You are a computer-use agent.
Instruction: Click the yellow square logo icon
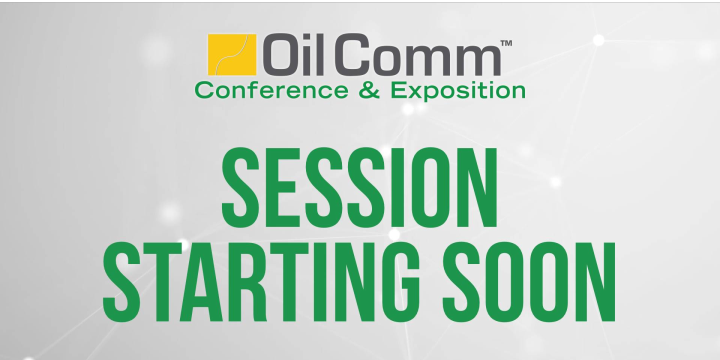(x=232, y=54)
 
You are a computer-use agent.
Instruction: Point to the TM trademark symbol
(x=506, y=43)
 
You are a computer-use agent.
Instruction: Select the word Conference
(x=271, y=90)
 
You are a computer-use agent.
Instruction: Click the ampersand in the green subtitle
(x=369, y=90)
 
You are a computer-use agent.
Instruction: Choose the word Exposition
(x=458, y=91)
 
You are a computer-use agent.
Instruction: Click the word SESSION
(x=359, y=187)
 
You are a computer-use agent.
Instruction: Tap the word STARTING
(x=260, y=282)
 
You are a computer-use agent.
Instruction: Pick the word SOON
(x=529, y=282)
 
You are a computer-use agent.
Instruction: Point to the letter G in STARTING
(x=399, y=282)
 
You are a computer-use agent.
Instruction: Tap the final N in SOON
(x=596, y=282)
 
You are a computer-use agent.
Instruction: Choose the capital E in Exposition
(x=399, y=90)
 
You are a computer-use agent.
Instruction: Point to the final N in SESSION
(x=479, y=187)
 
